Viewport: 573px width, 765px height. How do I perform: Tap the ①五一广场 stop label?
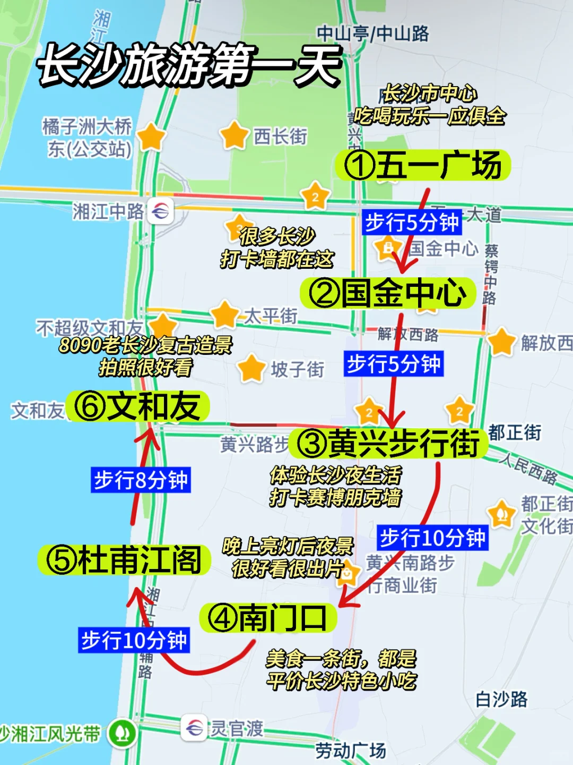(x=422, y=165)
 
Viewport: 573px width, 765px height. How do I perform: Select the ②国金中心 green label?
(x=387, y=293)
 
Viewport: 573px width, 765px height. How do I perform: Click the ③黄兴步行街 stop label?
(x=388, y=443)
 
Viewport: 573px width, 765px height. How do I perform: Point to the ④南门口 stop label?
(x=267, y=618)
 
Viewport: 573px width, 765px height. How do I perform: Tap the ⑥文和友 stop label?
(x=137, y=407)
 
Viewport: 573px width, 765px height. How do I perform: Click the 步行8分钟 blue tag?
(x=141, y=480)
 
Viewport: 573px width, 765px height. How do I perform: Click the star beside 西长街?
(x=234, y=135)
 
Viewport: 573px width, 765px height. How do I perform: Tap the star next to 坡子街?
(x=251, y=368)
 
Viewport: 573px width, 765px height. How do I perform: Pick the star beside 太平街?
(x=224, y=314)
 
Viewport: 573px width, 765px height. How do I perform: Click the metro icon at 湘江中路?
(x=160, y=211)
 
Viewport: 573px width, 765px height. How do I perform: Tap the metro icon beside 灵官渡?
(x=194, y=727)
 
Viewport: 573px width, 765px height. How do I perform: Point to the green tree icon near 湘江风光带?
(x=122, y=734)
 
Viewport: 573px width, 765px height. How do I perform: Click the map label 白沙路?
(x=501, y=699)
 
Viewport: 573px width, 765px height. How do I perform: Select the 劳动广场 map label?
(x=351, y=751)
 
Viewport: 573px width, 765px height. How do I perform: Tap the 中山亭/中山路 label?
(x=373, y=33)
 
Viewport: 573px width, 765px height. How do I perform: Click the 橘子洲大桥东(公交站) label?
(x=88, y=138)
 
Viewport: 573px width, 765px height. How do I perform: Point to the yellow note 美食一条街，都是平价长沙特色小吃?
(x=341, y=670)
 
